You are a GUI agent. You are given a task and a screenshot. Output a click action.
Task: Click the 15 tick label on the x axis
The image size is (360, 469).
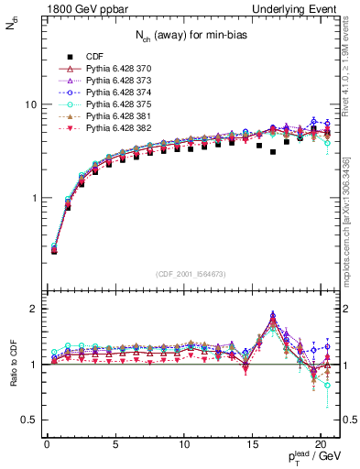(252, 442)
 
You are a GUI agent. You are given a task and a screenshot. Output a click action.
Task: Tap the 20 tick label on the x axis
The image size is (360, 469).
(321, 442)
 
